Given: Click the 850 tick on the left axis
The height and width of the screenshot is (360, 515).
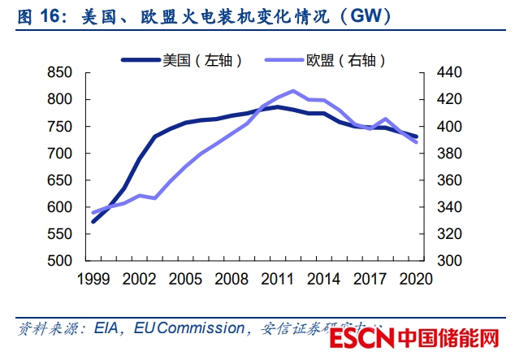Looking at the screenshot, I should click(60, 73).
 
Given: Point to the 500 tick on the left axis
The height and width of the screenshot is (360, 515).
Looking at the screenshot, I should click(60, 261).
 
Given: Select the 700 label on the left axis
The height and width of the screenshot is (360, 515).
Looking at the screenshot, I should click(60, 154).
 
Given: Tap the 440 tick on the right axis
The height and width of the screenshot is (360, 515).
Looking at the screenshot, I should click(448, 73).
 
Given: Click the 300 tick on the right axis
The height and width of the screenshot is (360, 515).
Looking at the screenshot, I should click(448, 261).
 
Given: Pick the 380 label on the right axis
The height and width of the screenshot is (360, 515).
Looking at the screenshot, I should click(448, 154).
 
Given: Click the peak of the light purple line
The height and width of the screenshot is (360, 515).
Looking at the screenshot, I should click(293, 91).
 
